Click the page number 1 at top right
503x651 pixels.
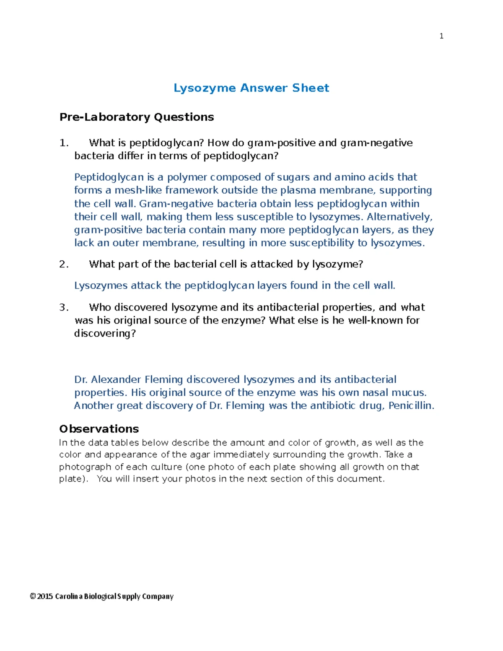tap(441, 36)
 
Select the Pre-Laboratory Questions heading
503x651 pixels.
tap(137, 117)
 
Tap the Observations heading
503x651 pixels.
tap(99, 429)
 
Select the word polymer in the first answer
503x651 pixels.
tap(187, 177)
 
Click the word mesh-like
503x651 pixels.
tap(138, 190)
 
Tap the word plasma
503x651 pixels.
tap(298, 190)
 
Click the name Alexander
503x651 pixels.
tap(116, 380)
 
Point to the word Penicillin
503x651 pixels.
tap(411, 406)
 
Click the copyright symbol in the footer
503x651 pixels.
tap(33, 597)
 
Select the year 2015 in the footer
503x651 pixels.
tap(45, 597)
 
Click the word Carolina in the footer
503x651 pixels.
tap(68, 597)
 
